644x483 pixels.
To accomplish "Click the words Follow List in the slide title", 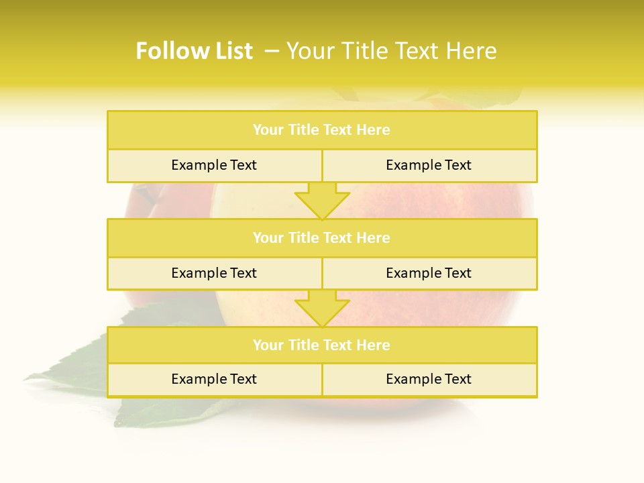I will point(194,51).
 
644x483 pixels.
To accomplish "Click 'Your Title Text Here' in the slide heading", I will point(391,51).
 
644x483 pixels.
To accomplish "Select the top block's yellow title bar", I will point(322,130).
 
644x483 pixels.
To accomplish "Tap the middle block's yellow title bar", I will point(322,238).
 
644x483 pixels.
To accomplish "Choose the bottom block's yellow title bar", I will point(322,345).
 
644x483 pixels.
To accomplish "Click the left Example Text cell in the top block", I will point(214,165).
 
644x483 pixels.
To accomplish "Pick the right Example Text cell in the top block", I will point(429,165).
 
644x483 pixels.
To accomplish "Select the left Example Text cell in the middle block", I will point(214,273).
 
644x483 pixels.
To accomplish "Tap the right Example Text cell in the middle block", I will point(429,273).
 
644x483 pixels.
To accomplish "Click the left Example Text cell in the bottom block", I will point(214,379).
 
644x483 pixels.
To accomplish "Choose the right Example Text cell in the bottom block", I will point(429,379).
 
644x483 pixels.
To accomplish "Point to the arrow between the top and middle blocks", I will point(322,200).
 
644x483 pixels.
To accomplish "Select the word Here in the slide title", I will point(472,51).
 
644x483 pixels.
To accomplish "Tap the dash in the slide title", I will point(272,51).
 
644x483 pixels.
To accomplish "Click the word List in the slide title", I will point(230,51).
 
